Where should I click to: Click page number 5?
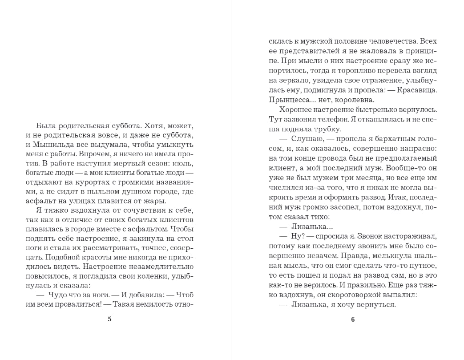109,319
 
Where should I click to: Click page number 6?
353,319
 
